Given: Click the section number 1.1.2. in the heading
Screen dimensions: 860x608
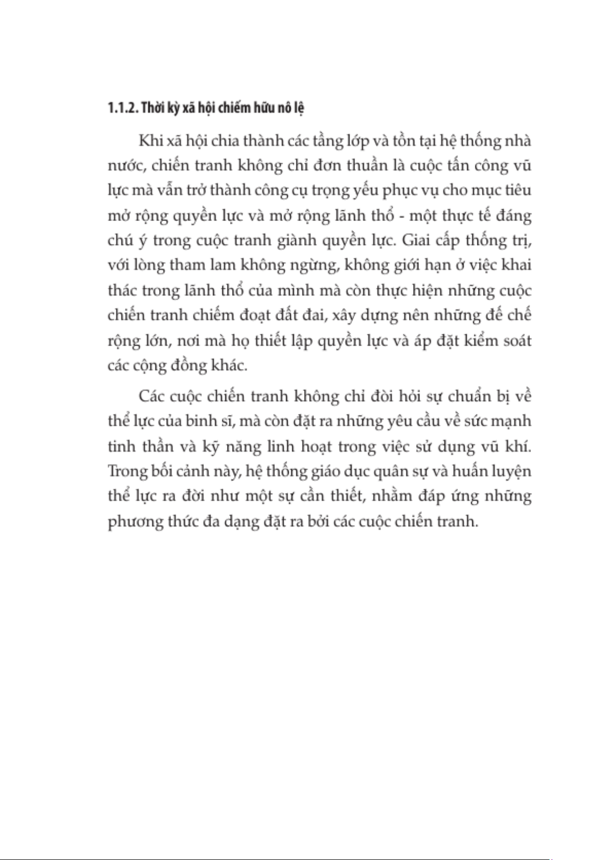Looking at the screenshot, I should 122,108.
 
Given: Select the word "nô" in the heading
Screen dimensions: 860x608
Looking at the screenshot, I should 284,108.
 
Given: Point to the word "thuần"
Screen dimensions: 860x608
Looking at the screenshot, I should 367,166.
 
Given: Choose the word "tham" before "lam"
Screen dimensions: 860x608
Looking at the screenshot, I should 187,265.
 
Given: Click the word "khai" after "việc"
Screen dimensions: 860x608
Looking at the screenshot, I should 517,265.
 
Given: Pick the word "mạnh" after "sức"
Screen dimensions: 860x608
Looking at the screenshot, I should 511,422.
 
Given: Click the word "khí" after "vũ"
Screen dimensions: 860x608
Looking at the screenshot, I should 520,447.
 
